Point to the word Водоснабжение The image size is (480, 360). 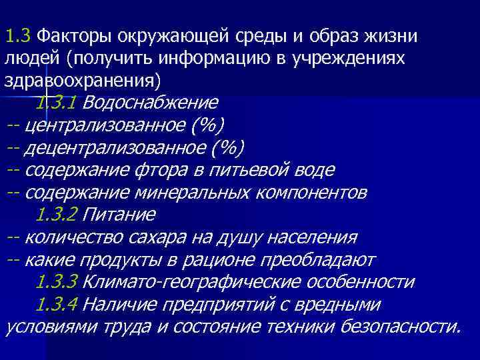tap(151, 103)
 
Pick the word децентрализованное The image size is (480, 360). tap(119, 147)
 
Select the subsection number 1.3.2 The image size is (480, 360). tap(57, 215)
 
